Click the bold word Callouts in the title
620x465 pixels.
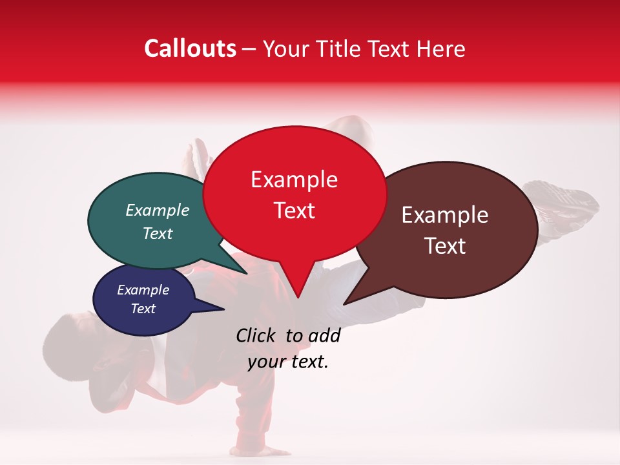pyautogui.click(x=190, y=48)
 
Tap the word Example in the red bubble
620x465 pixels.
pyautogui.click(x=294, y=180)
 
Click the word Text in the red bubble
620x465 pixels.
pyautogui.click(x=294, y=211)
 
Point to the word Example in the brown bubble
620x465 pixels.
pyautogui.click(x=445, y=215)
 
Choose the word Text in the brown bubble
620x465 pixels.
pyautogui.click(x=445, y=246)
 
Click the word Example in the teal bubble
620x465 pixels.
pyautogui.click(x=158, y=211)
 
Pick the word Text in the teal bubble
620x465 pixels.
pyautogui.click(x=158, y=233)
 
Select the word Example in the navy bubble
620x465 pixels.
pyautogui.click(x=143, y=290)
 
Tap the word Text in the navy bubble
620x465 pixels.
pyautogui.click(x=143, y=309)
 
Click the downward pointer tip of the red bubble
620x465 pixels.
pyautogui.click(x=298, y=297)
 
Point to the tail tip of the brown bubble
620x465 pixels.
pyautogui.click(x=344, y=304)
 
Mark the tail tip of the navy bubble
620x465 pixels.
pyautogui.click(x=223, y=309)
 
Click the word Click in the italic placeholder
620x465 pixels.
pyautogui.click(x=257, y=335)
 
